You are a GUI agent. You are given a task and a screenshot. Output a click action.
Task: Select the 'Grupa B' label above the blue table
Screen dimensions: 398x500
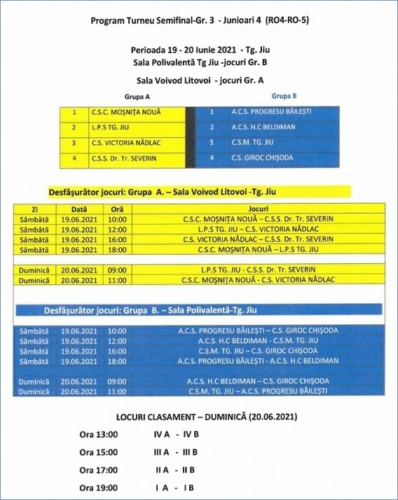click(284, 95)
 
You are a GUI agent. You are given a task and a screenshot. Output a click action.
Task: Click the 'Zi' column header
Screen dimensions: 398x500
click(34, 209)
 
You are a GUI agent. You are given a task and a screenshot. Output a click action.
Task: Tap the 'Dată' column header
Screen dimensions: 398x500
click(78, 209)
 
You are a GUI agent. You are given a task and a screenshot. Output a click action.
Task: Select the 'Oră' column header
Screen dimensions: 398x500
click(117, 209)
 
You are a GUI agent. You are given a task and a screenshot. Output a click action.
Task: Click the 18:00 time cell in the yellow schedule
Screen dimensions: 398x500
click(117, 249)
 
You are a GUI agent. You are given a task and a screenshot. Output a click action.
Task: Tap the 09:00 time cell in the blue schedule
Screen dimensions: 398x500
click(117, 381)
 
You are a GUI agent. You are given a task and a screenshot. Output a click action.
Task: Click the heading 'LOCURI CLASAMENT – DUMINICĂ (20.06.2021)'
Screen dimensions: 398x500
click(199, 417)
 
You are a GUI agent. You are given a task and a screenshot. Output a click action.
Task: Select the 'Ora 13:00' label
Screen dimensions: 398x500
click(98, 435)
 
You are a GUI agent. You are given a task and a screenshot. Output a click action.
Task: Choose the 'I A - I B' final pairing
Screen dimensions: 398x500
click(174, 488)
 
